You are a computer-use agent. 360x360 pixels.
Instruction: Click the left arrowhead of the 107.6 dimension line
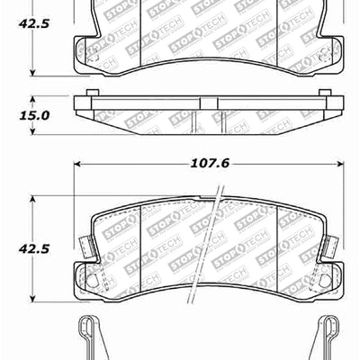(x=77, y=165)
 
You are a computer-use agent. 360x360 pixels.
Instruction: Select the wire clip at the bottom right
(x=326, y=337)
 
